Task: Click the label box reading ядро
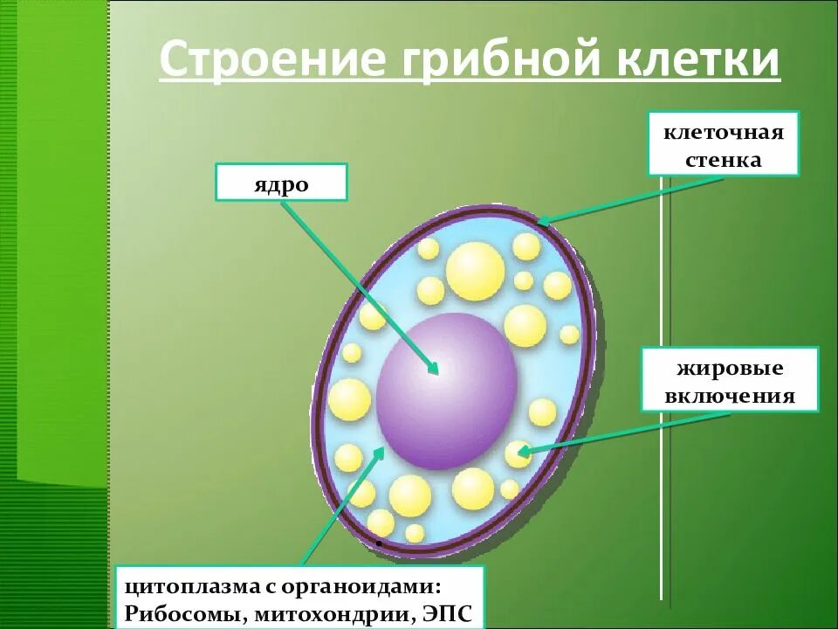[281, 183]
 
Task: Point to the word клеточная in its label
[724, 133]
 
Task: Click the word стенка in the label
[724, 160]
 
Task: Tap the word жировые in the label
[730, 368]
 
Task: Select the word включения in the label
[730, 396]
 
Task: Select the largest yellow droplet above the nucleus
[476, 270]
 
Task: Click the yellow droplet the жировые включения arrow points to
[518, 453]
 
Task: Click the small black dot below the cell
[379, 543]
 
